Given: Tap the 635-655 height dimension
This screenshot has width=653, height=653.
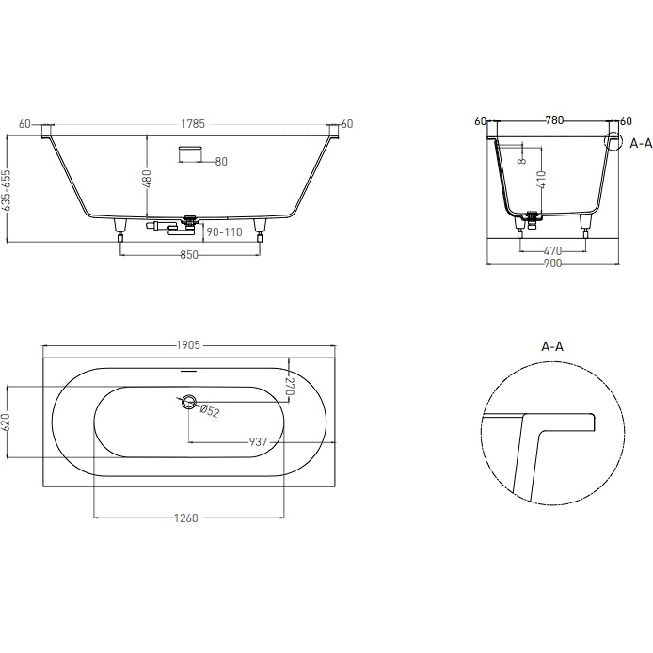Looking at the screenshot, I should pyautogui.click(x=7, y=189).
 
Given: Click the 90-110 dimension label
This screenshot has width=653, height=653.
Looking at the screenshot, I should pyautogui.click(x=223, y=231).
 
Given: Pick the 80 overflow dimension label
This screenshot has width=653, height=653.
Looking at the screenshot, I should pyautogui.click(x=221, y=162).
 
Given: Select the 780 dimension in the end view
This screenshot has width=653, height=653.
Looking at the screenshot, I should pyautogui.click(x=554, y=120).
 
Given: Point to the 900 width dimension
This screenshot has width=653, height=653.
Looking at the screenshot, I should pyautogui.click(x=552, y=263).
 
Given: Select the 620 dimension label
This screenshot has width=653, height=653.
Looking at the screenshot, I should pyautogui.click(x=7, y=422).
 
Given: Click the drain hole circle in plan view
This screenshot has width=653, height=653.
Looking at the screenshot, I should pyautogui.click(x=189, y=403).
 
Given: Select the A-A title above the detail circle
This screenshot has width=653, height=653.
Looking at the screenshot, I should pyautogui.click(x=552, y=346).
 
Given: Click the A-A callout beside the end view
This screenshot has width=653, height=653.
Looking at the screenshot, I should pyautogui.click(x=641, y=143).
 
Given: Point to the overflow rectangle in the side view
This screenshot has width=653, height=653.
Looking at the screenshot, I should pyautogui.click(x=192, y=152).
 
